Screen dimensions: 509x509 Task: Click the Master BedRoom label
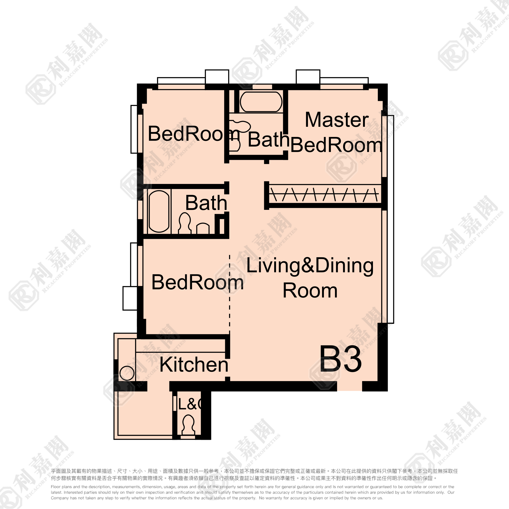[x=336, y=132]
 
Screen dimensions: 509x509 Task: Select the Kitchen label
[x=194, y=365]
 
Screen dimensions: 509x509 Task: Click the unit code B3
[x=341, y=359]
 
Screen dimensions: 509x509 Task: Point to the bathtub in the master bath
[x=261, y=102]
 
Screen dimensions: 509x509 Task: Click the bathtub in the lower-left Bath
[x=159, y=211]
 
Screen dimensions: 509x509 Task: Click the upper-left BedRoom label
[x=194, y=133]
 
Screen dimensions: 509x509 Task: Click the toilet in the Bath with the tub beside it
[x=185, y=223]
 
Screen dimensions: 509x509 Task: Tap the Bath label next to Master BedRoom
[x=268, y=140]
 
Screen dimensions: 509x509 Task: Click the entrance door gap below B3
[x=349, y=386]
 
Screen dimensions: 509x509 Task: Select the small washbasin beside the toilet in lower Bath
[x=203, y=228]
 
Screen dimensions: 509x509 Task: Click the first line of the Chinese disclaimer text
[x=254, y=471]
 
